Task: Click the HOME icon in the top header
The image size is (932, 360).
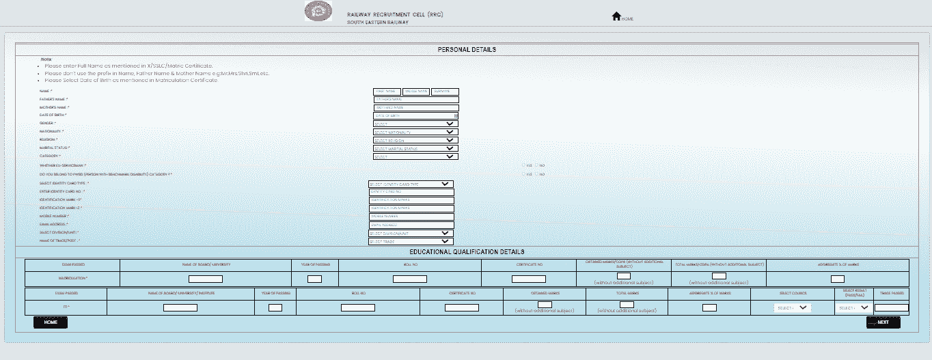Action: tap(616, 16)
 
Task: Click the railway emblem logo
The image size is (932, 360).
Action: tap(317, 13)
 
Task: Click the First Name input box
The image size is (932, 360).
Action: tap(386, 92)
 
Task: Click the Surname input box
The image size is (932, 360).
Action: tap(446, 92)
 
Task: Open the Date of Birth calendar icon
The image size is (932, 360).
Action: tap(456, 115)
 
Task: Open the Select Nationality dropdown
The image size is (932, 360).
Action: tap(415, 132)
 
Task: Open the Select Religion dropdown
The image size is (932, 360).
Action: tap(415, 140)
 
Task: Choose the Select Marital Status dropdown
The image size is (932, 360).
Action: tap(415, 148)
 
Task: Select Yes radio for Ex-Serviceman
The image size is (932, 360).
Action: tap(523, 165)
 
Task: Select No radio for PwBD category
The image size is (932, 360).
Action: tap(536, 174)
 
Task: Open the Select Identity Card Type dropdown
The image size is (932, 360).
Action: tap(411, 184)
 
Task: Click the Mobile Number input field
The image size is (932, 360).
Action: tap(411, 217)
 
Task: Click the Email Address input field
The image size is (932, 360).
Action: tap(411, 225)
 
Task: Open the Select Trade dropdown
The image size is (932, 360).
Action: tap(411, 241)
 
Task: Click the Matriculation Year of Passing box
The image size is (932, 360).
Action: tap(314, 279)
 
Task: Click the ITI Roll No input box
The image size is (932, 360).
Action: tap(357, 307)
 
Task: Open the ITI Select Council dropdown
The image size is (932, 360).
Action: tap(793, 308)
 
